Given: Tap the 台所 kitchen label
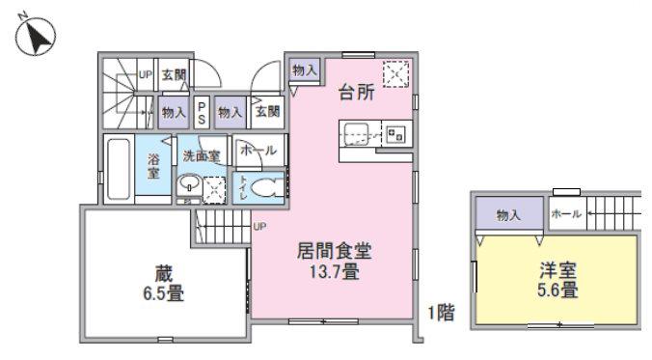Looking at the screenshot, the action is [x=357, y=92].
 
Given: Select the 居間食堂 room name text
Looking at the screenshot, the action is [x=334, y=251].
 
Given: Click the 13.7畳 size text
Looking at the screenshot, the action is [x=334, y=272].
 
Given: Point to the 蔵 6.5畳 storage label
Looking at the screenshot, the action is [x=164, y=284].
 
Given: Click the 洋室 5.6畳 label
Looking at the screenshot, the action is [x=557, y=280].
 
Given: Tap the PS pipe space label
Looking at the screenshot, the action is [x=202, y=113].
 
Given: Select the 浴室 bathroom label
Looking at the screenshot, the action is [x=153, y=166].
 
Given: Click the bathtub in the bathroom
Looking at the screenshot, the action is [x=119, y=169].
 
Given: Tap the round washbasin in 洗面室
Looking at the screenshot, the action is [x=189, y=184].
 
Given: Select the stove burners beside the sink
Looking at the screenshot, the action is [x=394, y=134].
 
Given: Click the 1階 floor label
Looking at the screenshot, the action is [x=442, y=313].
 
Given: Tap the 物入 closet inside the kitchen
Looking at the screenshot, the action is [x=305, y=70].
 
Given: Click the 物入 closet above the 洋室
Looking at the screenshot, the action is [x=508, y=215].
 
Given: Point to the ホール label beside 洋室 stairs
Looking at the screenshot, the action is [x=566, y=214].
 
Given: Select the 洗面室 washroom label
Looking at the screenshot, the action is [x=202, y=156].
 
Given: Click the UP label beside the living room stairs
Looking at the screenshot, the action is [x=259, y=227].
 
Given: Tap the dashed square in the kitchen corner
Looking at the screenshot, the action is [x=395, y=74].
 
